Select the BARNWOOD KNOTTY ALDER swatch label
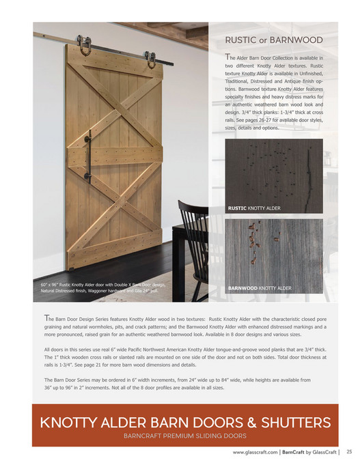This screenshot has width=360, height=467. (x=258, y=288)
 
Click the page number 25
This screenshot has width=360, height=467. (x=348, y=451)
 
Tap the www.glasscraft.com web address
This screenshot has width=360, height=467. (x=255, y=452)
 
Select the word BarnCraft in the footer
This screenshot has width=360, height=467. (x=294, y=452)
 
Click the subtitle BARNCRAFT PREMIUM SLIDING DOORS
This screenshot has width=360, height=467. (x=184, y=434)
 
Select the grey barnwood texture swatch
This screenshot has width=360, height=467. (x=273, y=253)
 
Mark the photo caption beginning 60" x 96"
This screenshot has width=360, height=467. (x=102, y=287)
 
